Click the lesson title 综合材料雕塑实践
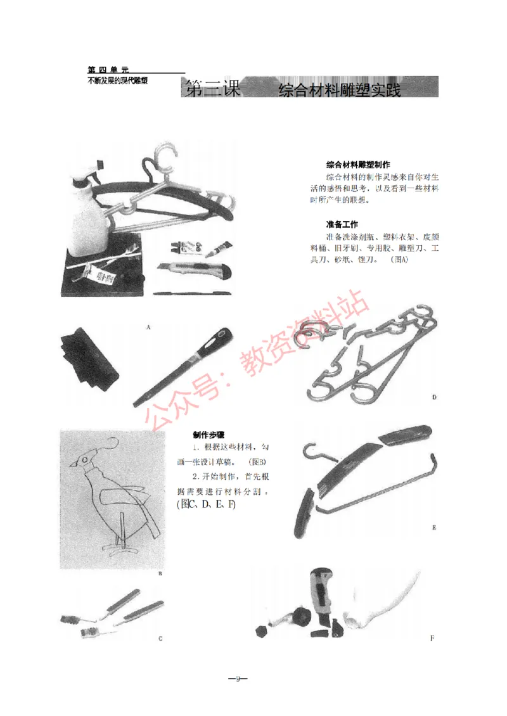click(x=340, y=90)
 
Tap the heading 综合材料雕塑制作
click(x=357, y=163)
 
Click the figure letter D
click(x=434, y=397)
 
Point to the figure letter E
click(x=433, y=527)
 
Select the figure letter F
click(x=432, y=638)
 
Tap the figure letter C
click(x=160, y=639)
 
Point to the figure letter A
click(x=148, y=327)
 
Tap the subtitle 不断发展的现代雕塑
click(x=118, y=81)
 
